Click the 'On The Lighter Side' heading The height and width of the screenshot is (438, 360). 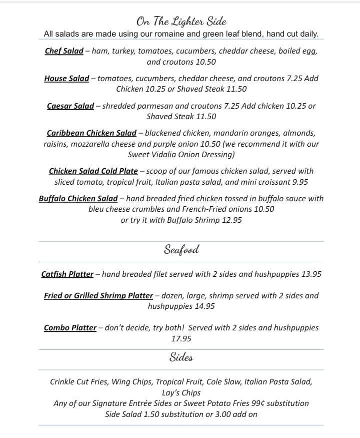tap(181, 21)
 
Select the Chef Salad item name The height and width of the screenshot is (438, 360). tap(64, 51)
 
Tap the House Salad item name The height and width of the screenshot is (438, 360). tap(66, 79)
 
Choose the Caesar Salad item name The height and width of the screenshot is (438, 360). tap(70, 106)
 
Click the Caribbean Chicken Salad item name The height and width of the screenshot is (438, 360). tap(91, 133)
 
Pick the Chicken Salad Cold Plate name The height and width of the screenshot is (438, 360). tap(93, 171)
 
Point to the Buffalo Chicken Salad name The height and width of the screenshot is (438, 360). tap(78, 199)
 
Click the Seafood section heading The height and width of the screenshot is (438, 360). tap(181, 250)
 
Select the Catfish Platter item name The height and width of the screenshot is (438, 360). tap(67, 274)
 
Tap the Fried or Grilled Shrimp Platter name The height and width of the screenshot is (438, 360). tap(98, 296)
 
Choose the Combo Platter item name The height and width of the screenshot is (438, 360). tap(70, 328)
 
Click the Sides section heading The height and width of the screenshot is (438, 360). tap(181, 357)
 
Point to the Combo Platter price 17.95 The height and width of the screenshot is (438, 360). tap(181, 339)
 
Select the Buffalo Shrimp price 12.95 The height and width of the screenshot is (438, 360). tap(230, 220)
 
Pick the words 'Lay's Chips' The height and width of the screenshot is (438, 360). tap(181, 393)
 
